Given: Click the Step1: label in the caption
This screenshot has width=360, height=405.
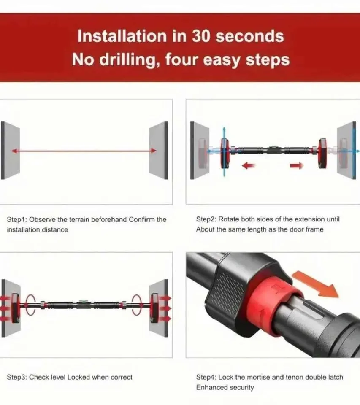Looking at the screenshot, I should pyautogui.click(x=17, y=220).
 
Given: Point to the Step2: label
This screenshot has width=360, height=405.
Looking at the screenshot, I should pyautogui.click(x=206, y=220).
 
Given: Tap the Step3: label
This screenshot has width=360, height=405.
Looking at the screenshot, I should pyautogui.click(x=17, y=377).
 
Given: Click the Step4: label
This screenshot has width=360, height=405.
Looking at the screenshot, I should pyautogui.click(x=206, y=377).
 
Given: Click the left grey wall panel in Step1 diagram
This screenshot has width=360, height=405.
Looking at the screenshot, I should pyautogui.click(x=10, y=150).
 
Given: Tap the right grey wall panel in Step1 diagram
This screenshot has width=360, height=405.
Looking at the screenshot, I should pyautogui.click(x=159, y=150).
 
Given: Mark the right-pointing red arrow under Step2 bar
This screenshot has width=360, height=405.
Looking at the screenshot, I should pyautogui.click(x=297, y=166).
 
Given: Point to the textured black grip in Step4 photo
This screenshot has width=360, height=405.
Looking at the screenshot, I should pyautogui.click(x=228, y=291).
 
